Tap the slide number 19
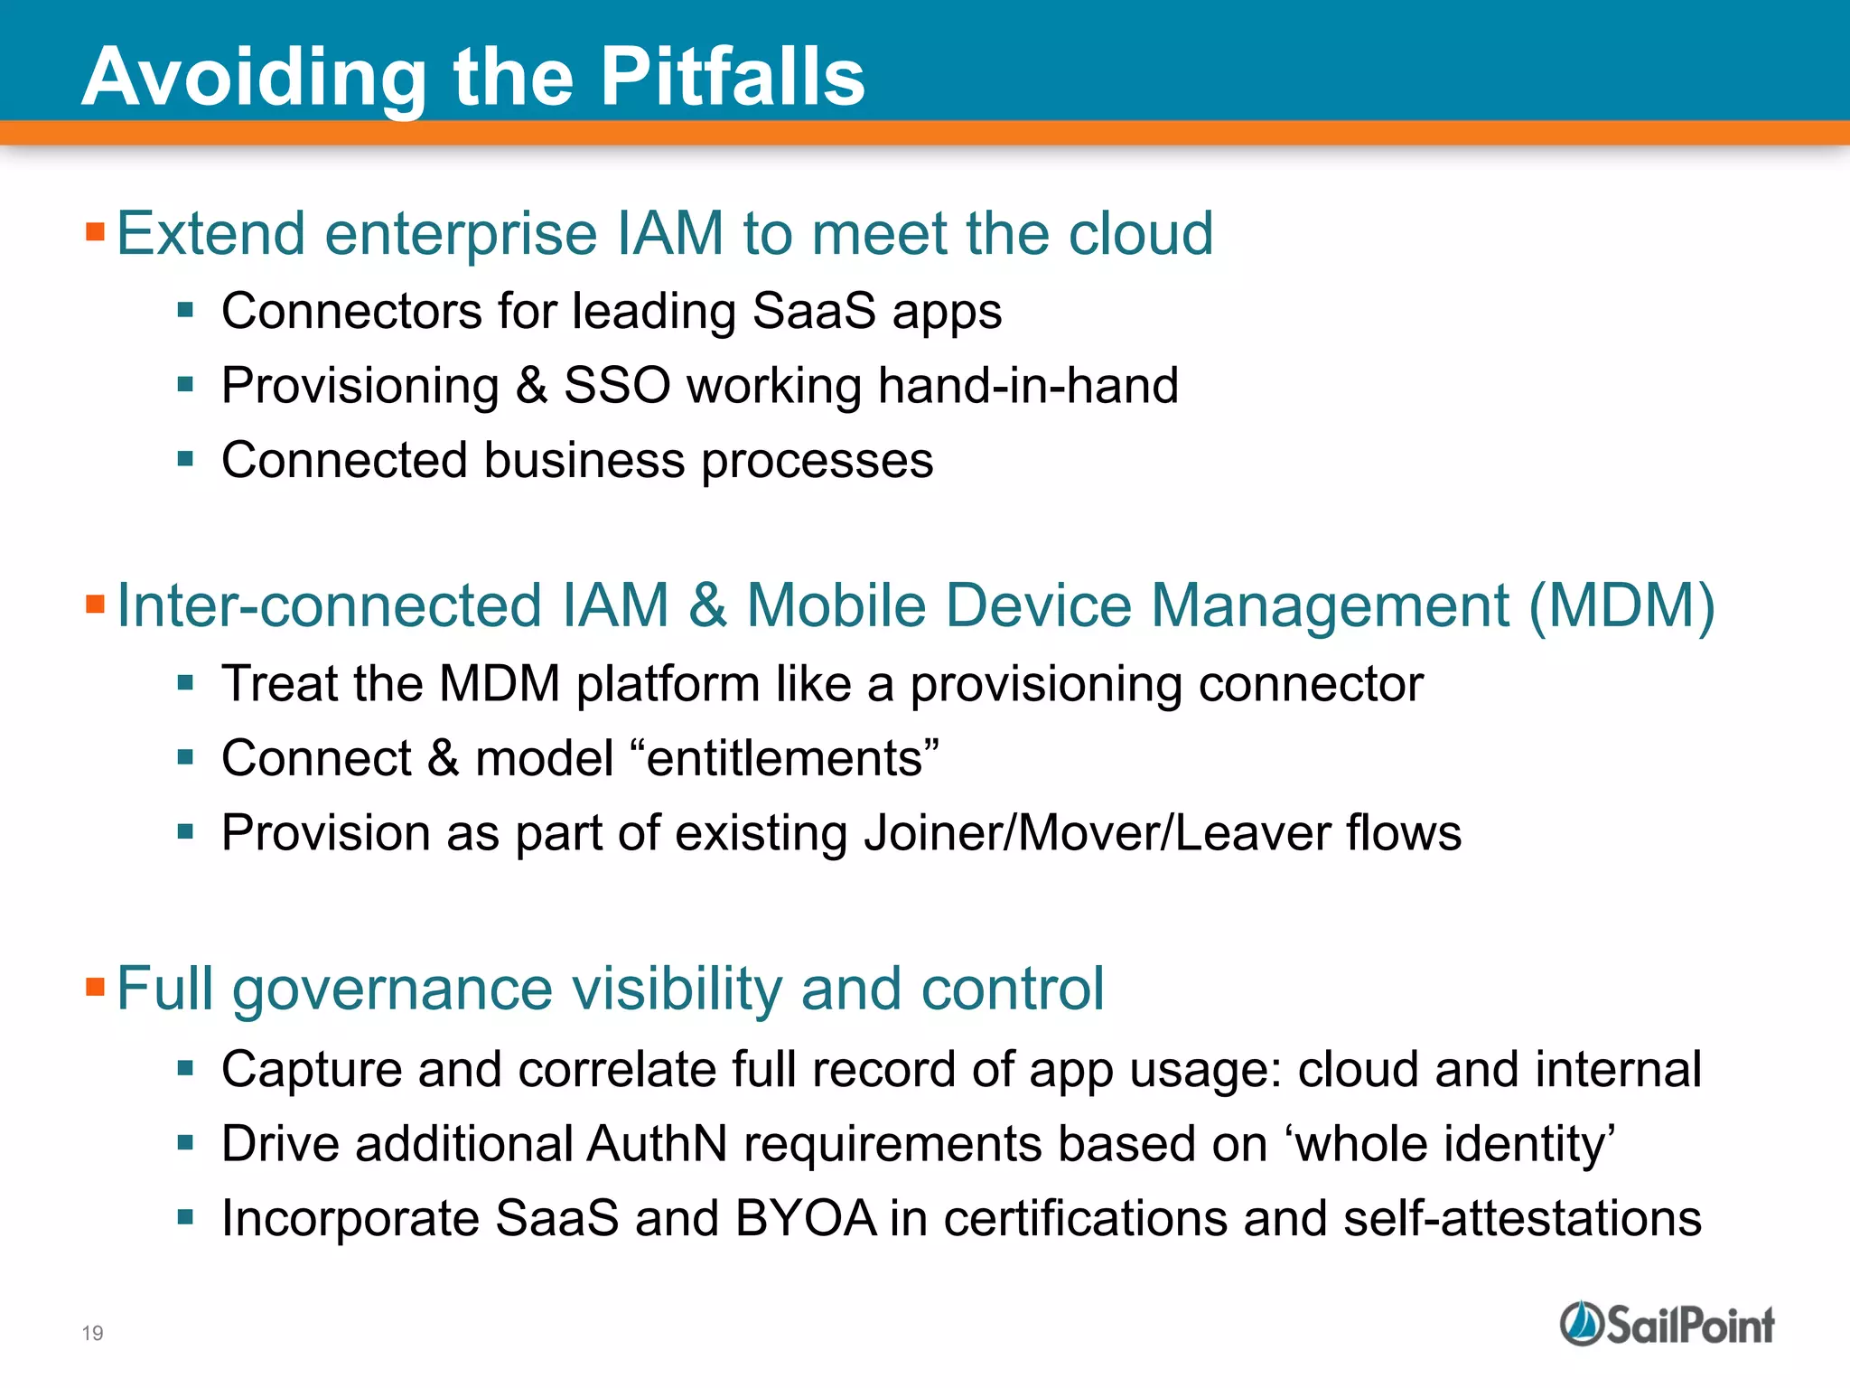pos(92,1333)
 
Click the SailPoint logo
pos(1667,1325)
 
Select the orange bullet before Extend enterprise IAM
pos(96,232)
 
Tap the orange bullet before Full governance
pos(96,986)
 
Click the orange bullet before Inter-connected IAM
pos(96,604)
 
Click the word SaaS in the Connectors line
pos(813,312)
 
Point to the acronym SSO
pos(617,386)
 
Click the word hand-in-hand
pos(1028,386)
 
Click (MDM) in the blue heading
pos(1621,605)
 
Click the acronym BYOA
pos(805,1218)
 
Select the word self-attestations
pos(1522,1218)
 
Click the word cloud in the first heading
pos(1141,234)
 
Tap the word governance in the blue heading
pos(391,989)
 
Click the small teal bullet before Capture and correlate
pos(186,1069)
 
